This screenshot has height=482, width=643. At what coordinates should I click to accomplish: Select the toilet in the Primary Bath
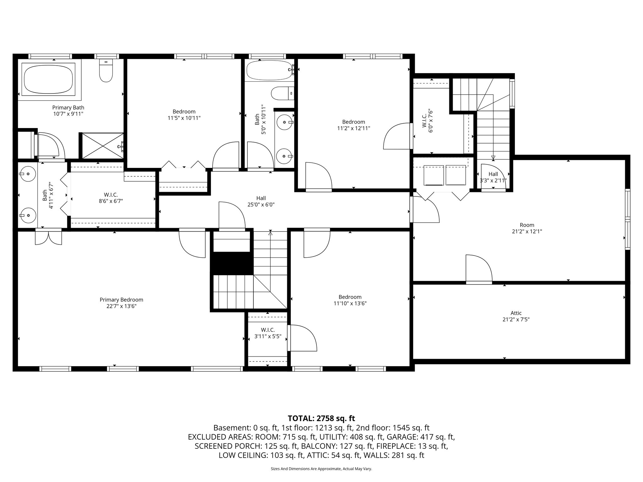(x=106, y=72)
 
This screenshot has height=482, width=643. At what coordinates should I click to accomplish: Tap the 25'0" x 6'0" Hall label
(x=261, y=201)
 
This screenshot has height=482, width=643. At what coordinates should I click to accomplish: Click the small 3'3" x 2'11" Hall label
(x=493, y=177)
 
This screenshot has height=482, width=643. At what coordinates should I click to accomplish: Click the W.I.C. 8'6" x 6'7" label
(x=111, y=198)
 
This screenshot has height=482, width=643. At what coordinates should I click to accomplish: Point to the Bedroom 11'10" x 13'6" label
(x=350, y=300)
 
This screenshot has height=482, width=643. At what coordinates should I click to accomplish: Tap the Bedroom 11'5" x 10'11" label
(x=184, y=115)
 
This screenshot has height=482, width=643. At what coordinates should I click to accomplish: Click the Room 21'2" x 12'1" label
(x=527, y=228)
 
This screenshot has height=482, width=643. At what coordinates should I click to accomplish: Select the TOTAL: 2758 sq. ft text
(x=321, y=418)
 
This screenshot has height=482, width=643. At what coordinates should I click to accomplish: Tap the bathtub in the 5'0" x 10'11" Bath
(x=269, y=70)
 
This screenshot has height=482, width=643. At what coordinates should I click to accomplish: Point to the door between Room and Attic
(x=479, y=270)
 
